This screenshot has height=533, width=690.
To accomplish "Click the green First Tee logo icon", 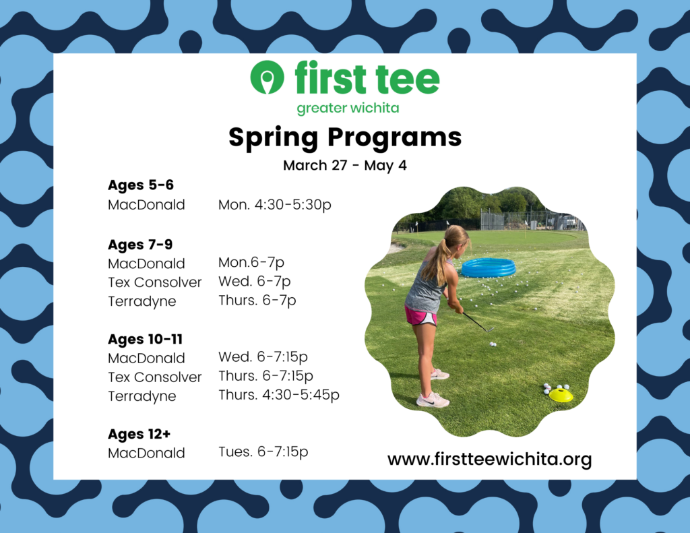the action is pyautogui.click(x=267, y=77).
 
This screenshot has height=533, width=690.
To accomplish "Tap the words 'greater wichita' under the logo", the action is pyautogui.click(x=348, y=108).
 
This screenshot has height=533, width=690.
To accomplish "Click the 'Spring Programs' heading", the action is pyautogui.click(x=345, y=137).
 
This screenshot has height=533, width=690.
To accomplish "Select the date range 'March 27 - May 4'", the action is pyautogui.click(x=344, y=166).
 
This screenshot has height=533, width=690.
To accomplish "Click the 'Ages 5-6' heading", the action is pyautogui.click(x=141, y=185).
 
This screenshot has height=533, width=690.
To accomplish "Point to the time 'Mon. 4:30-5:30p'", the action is pyautogui.click(x=275, y=205).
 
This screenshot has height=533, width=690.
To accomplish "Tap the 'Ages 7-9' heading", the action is pyautogui.click(x=140, y=245).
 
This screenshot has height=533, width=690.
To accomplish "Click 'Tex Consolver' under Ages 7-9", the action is pyautogui.click(x=155, y=282).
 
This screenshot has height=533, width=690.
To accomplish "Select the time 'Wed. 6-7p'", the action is pyautogui.click(x=254, y=281).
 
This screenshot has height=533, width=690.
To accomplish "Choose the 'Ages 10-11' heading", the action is pyautogui.click(x=146, y=340).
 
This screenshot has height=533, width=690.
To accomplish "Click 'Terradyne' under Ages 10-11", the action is pyautogui.click(x=142, y=397).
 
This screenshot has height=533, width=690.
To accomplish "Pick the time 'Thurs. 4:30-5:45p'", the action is pyautogui.click(x=279, y=395).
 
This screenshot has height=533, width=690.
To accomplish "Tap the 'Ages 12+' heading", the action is pyautogui.click(x=139, y=435).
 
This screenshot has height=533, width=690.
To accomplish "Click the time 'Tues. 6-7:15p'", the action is pyautogui.click(x=263, y=451).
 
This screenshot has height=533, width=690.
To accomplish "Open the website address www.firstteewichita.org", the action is pyautogui.click(x=489, y=460).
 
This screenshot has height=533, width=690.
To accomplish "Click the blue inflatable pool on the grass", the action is pyautogui.click(x=489, y=267).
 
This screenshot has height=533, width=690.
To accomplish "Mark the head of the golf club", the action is pyautogui.click(x=489, y=329).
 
